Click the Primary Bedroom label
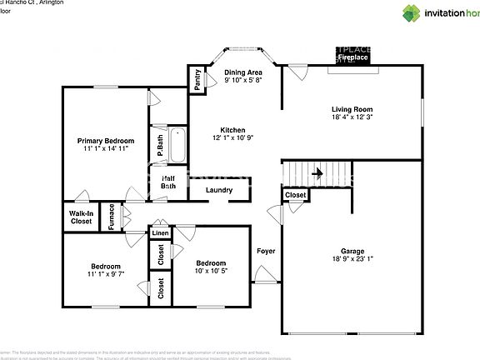point(106,141)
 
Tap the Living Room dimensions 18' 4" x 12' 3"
point(352,117)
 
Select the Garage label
point(352,251)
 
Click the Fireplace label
point(353,59)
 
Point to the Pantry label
point(197,79)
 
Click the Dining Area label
point(243,72)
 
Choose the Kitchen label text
point(232,130)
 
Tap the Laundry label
point(219,190)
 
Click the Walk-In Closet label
point(81,217)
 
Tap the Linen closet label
point(158,234)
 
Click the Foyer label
point(266,251)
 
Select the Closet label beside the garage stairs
point(295,195)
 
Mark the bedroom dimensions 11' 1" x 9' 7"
point(105,274)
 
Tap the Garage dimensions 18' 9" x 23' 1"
point(352,259)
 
